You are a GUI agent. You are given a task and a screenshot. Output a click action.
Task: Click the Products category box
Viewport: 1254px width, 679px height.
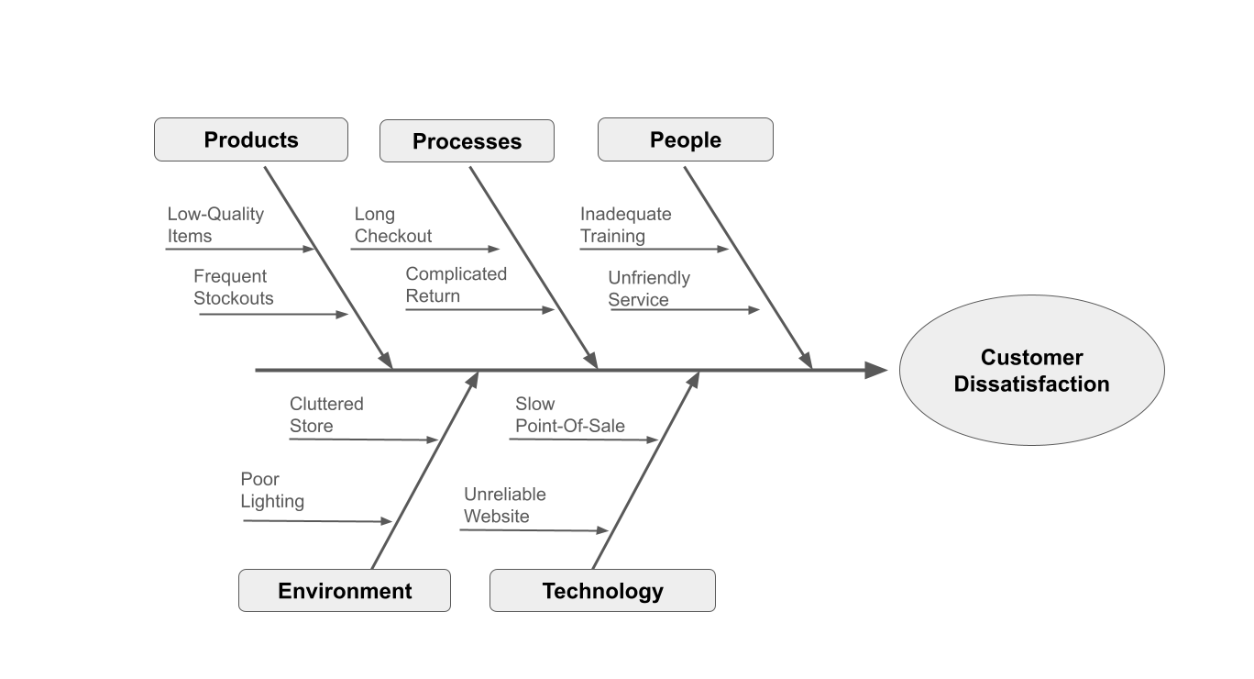pyautogui.click(x=251, y=139)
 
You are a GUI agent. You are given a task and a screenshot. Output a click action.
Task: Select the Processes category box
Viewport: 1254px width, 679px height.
pyautogui.click(x=467, y=141)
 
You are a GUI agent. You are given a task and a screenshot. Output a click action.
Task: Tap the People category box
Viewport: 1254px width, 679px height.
pyautogui.click(x=685, y=139)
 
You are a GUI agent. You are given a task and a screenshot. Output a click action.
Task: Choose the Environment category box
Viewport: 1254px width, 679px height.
pyautogui.click(x=345, y=591)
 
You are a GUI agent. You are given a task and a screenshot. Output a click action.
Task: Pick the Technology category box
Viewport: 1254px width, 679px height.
pyautogui.click(x=602, y=591)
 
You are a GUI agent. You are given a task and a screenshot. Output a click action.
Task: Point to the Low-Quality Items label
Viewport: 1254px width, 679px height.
pyautogui.click(x=215, y=225)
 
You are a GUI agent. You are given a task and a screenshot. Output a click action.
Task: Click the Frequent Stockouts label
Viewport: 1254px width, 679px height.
pyautogui.click(x=233, y=287)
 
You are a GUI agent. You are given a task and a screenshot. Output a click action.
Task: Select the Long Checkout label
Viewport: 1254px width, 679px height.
pyautogui.click(x=393, y=225)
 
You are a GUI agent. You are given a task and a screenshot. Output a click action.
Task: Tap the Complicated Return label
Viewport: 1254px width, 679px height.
pyautogui.click(x=456, y=284)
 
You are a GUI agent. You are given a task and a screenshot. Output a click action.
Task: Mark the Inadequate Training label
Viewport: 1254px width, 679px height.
pyautogui.click(x=625, y=225)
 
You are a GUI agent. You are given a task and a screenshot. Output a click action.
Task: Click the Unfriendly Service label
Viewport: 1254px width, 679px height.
pyautogui.click(x=648, y=288)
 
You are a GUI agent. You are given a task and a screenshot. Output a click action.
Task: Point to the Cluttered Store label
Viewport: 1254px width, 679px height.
pyautogui.click(x=326, y=415)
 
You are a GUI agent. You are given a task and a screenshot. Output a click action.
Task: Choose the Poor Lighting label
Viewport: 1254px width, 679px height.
pyautogui.click(x=272, y=490)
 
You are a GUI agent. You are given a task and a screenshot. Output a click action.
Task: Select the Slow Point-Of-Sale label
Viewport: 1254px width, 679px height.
pyautogui.click(x=569, y=415)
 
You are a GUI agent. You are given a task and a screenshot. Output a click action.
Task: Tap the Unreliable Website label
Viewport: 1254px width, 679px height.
pyautogui.click(x=504, y=505)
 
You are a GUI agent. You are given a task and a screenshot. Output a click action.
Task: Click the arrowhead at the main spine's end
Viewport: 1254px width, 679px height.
pyautogui.click(x=875, y=370)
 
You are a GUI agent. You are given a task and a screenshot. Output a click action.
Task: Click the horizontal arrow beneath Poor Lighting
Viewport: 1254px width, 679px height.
pyautogui.click(x=316, y=521)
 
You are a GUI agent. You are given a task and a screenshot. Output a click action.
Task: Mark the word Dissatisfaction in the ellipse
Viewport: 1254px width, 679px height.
pyautogui.click(x=1031, y=384)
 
